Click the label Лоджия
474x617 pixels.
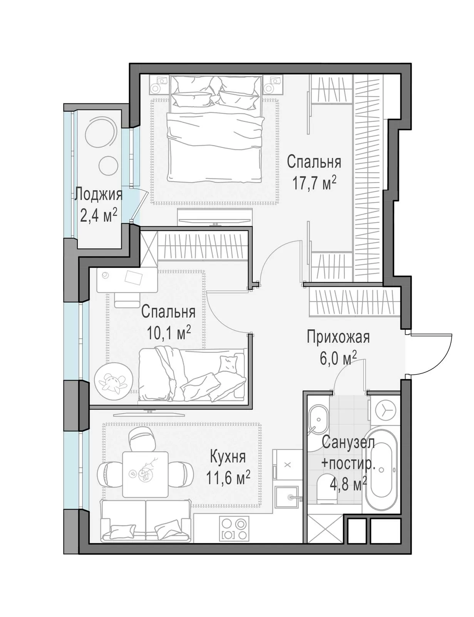coord(98,195)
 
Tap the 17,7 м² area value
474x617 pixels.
coord(314,184)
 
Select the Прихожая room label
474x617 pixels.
coord(338,337)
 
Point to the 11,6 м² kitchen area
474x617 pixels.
coord(228,478)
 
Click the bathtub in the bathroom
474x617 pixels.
coord(381,470)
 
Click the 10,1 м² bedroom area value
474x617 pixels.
coord(168,333)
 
